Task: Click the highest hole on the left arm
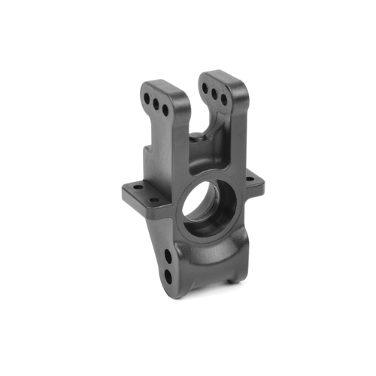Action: click(146, 96)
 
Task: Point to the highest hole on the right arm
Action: click(205, 89)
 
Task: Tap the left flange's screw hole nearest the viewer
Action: click(153, 201)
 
